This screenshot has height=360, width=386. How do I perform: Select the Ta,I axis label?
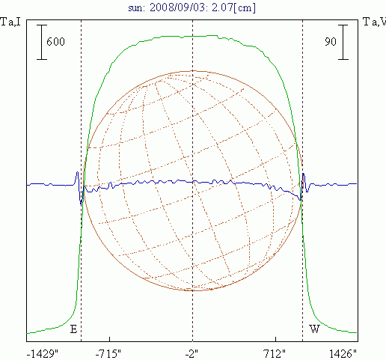(10, 22)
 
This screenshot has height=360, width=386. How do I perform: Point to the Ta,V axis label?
(374, 22)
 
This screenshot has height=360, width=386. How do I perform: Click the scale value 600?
(55, 41)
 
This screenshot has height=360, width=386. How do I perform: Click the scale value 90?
(331, 41)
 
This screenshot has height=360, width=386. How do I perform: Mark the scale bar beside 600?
(42, 42)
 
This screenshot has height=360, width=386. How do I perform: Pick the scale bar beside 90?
(343, 42)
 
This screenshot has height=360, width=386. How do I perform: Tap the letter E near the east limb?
(73, 329)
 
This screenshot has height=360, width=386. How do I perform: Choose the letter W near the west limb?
(314, 329)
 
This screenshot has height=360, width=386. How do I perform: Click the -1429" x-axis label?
(43, 354)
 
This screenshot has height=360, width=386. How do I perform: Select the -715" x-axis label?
(108, 354)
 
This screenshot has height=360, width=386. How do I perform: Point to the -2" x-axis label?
(192, 354)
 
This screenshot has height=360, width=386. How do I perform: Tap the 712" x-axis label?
(275, 354)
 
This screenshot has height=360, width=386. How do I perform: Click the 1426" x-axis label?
(343, 354)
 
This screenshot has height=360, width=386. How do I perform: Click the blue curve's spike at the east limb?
(77, 172)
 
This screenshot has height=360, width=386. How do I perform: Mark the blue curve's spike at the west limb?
(304, 174)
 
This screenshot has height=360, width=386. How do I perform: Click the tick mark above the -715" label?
(110, 339)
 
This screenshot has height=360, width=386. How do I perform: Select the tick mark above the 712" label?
(275, 339)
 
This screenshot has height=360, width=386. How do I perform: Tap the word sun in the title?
(136, 8)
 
